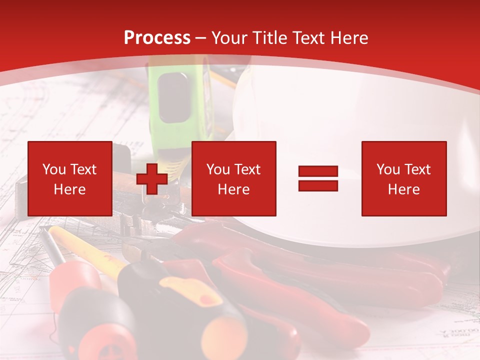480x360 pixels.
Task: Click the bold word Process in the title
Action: coord(157,38)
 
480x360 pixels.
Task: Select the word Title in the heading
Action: coord(270,38)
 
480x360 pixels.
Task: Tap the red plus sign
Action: coord(152,179)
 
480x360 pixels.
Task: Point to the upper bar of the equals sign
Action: coord(318,171)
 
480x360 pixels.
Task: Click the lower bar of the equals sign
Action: coord(318,185)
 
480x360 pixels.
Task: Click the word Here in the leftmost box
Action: coord(69,189)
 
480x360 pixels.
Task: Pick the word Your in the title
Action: coord(229,38)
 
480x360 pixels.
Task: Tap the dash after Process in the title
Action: coord(200,38)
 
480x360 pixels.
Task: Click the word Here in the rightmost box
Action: coord(403,189)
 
